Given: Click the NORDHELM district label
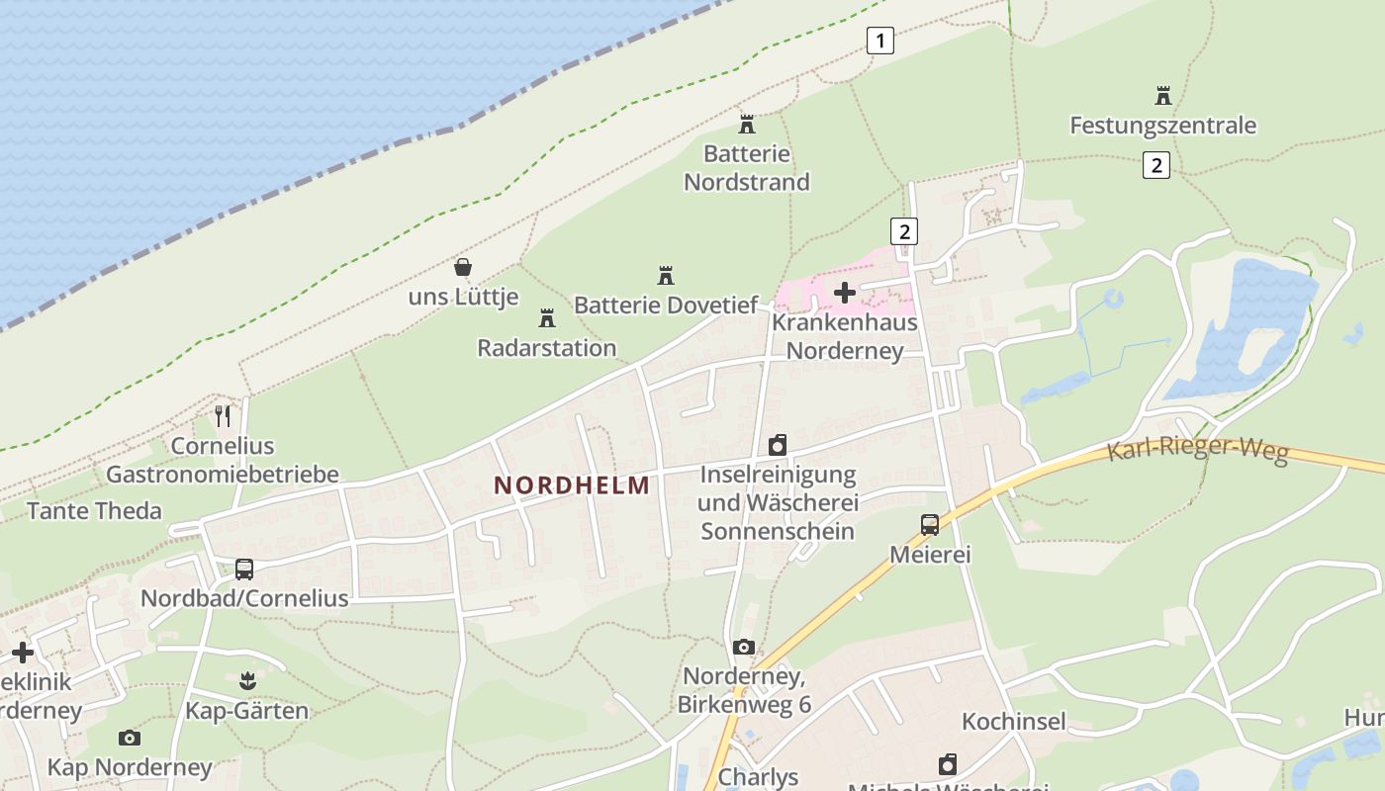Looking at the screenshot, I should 573,485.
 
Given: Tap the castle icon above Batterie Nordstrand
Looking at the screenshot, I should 747,125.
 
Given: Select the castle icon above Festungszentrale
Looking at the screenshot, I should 1163,96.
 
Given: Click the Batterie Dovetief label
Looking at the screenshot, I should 666,305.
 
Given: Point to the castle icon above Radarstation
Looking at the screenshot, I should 546,318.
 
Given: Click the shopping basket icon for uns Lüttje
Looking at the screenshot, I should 462,267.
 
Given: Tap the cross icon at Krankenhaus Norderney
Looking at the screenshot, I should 845,292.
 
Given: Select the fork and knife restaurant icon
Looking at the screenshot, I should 223,415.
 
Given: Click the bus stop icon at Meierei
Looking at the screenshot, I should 930,525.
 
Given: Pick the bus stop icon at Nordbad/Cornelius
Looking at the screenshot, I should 244,570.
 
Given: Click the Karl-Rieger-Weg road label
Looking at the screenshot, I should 1197,450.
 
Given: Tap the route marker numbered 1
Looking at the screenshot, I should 879,41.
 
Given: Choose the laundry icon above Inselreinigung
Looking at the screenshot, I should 778,445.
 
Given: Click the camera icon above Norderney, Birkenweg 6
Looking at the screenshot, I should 744,648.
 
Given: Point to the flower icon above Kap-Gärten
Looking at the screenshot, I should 247,680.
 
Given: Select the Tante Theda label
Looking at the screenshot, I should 94,510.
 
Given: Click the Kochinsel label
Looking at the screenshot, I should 1014,721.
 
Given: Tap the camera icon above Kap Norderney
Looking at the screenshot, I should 130,738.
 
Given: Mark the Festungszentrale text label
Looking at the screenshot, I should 1163,126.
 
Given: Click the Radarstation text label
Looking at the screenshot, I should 547,348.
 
